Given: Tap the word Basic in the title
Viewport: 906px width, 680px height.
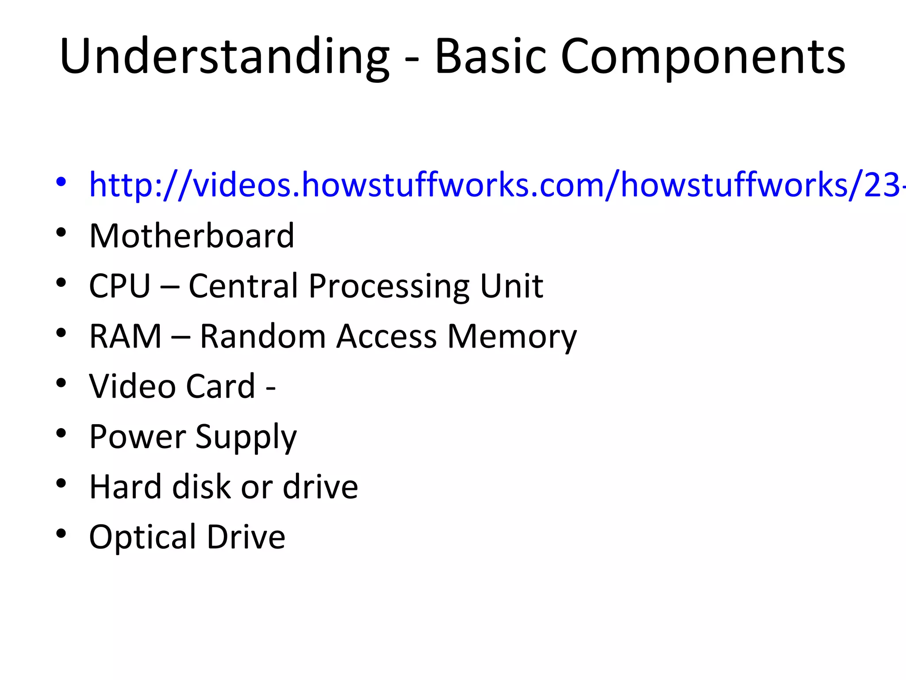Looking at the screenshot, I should pyautogui.click(x=490, y=57).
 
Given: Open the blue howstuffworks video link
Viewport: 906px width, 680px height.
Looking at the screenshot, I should pyautogui.click(x=495, y=185).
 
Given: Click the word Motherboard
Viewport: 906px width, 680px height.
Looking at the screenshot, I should pyautogui.click(x=192, y=236).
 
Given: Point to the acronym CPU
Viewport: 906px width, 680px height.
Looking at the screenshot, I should pyautogui.click(x=120, y=286).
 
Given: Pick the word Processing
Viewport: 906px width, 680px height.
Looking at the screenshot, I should pyautogui.click(x=388, y=287).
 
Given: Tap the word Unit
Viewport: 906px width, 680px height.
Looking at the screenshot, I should pyautogui.click(x=511, y=286).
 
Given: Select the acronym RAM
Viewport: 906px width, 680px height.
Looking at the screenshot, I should pyautogui.click(x=125, y=336).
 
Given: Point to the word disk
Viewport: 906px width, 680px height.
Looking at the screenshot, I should pyautogui.click(x=201, y=487).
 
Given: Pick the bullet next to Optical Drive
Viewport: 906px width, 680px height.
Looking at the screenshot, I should pyautogui.click(x=61, y=533).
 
